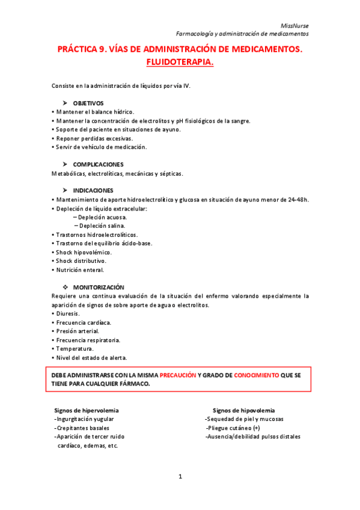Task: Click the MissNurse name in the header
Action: click(x=295, y=25)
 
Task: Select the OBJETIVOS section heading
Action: click(x=88, y=103)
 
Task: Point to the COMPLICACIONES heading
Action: click(x=98, y=164)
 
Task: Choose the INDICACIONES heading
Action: click(x=93, y=190)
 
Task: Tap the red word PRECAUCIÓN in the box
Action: click(x=178, y=374)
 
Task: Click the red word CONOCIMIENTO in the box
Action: click(x=256, y=374)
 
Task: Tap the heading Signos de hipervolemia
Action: click(x=87, y=410)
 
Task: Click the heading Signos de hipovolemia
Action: click(x=244, y=410)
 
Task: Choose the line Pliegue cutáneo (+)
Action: click(x=233, y=428)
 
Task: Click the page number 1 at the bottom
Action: click(x=180, y=476)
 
